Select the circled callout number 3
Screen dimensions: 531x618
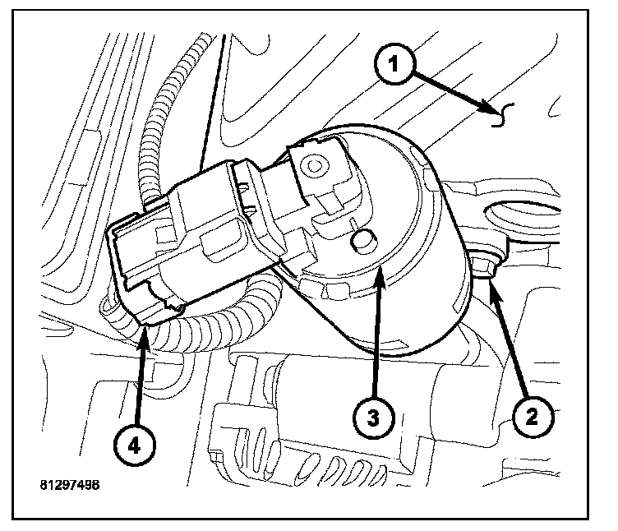coord(372,417)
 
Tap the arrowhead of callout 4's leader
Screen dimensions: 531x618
coord(145,328)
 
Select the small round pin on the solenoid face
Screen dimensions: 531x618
coord(362,242)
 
